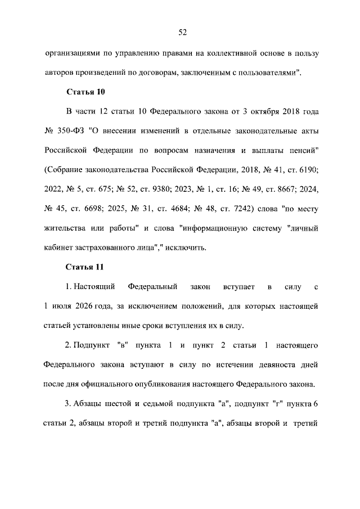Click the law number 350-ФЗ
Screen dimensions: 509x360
tap(70, 132)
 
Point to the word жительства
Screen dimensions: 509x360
tap(65, 229)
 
